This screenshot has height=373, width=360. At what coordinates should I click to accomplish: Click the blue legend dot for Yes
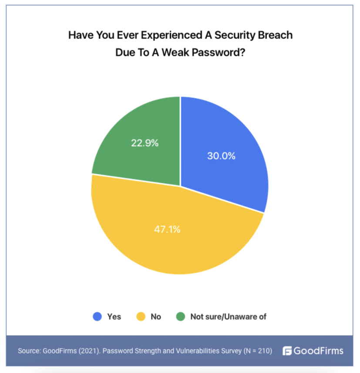[x=97, y=317]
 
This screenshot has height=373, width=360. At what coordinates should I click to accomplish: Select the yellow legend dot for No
[x=141, y=317]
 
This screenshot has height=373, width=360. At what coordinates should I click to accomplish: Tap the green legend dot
[x=181, y=317]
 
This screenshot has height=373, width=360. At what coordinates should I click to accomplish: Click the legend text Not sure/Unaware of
[x=228, y=317]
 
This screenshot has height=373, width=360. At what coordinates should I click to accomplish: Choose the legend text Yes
[x=114, y=317]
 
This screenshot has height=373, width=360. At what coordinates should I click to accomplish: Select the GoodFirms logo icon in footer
[x=287, y=351]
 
